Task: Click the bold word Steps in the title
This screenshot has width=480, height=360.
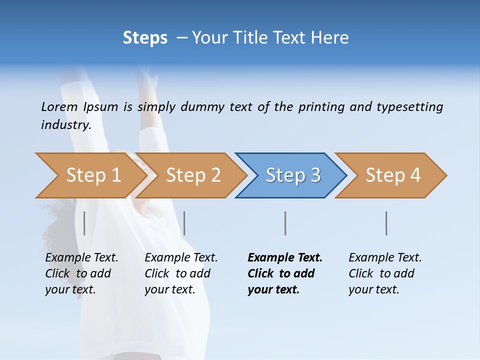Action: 145,38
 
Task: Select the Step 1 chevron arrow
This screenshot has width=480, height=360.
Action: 90,175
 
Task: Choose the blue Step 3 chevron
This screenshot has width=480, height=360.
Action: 291,175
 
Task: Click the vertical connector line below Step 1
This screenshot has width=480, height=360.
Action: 84,223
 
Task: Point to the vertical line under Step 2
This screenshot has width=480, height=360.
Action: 184,223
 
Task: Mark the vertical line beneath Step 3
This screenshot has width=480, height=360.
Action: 285,223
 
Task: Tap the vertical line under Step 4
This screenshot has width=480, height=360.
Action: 386,223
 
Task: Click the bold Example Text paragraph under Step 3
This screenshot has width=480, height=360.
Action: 284,273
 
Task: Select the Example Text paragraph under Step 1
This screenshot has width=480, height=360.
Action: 81,273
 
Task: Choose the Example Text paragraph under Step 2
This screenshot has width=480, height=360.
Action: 181,273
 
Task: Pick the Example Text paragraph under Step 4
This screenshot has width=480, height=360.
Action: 385,273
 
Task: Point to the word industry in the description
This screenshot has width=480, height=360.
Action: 65,124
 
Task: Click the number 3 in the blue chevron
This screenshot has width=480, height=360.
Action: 315,175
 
